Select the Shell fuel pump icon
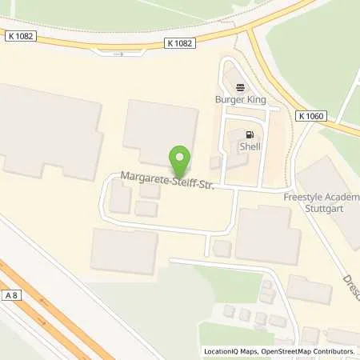[250, 134]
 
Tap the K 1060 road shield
[311, 116]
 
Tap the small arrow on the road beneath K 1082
[118, 54]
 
